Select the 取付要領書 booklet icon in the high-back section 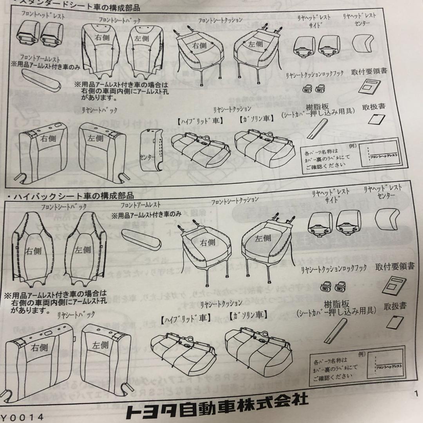coord(392,285)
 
